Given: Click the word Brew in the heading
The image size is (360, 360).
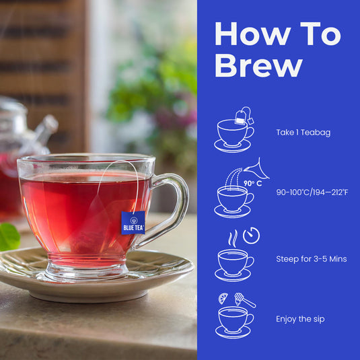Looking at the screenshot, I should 258,66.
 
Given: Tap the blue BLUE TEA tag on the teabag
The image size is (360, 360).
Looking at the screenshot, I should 133,222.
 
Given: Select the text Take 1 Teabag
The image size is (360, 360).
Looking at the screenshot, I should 302,133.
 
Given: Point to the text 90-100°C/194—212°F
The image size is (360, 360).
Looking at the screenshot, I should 312,192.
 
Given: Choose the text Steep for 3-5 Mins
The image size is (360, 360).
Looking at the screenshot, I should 311,258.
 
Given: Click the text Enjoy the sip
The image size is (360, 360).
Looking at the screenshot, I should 300,319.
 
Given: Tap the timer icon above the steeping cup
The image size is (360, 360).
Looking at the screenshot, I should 251,236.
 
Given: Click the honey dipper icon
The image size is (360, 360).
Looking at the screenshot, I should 244,300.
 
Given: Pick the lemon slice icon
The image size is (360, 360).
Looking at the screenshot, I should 223,298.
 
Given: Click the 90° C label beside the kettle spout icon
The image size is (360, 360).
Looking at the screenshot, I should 252,183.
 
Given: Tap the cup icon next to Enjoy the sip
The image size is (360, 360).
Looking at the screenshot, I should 233,320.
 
